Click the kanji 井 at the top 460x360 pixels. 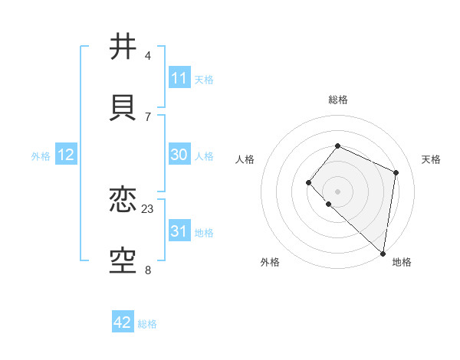coord(123,46)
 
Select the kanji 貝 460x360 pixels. coord(123,106)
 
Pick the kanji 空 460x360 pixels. coord(123,260)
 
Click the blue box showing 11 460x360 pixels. coord(179,78)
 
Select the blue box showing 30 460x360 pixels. coord(179,155)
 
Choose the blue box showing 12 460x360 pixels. coord(66,155)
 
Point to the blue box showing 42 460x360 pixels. coord(123,322)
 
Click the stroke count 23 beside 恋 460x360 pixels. coord(148,208)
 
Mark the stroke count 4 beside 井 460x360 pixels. coord(148,55)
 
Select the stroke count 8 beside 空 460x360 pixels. coord(148,270)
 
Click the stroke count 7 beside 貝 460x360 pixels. coord(148,116)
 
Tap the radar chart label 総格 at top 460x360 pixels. coord(337,100)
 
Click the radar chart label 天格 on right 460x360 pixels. coord(431,159)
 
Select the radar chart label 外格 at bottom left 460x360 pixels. coord(270,262)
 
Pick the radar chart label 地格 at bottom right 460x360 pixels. coord(402,262)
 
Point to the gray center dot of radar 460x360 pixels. coord(337,191)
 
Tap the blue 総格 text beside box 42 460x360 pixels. coord(147,324)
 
